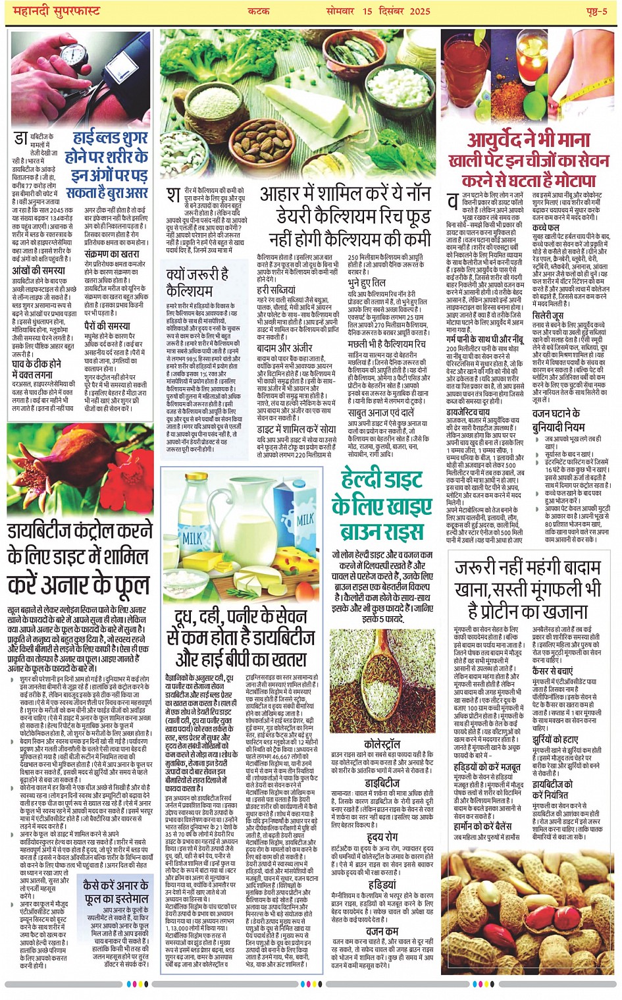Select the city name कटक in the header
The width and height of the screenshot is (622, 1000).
click(257, 11)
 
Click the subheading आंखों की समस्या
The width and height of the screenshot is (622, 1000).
click(39, 271)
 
